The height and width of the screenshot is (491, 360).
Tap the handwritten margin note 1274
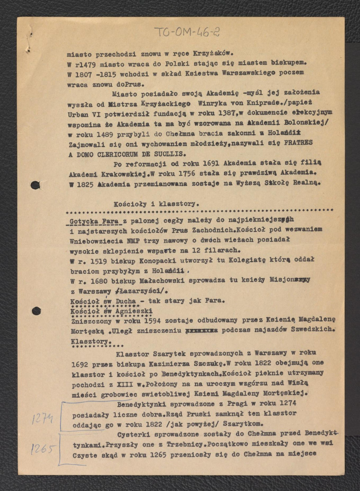click(43, 419)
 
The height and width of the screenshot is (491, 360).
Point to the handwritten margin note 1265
click(43, 449)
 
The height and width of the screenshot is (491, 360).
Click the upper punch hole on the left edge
click(36, 185)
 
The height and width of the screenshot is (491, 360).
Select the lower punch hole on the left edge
click(36, 311)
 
